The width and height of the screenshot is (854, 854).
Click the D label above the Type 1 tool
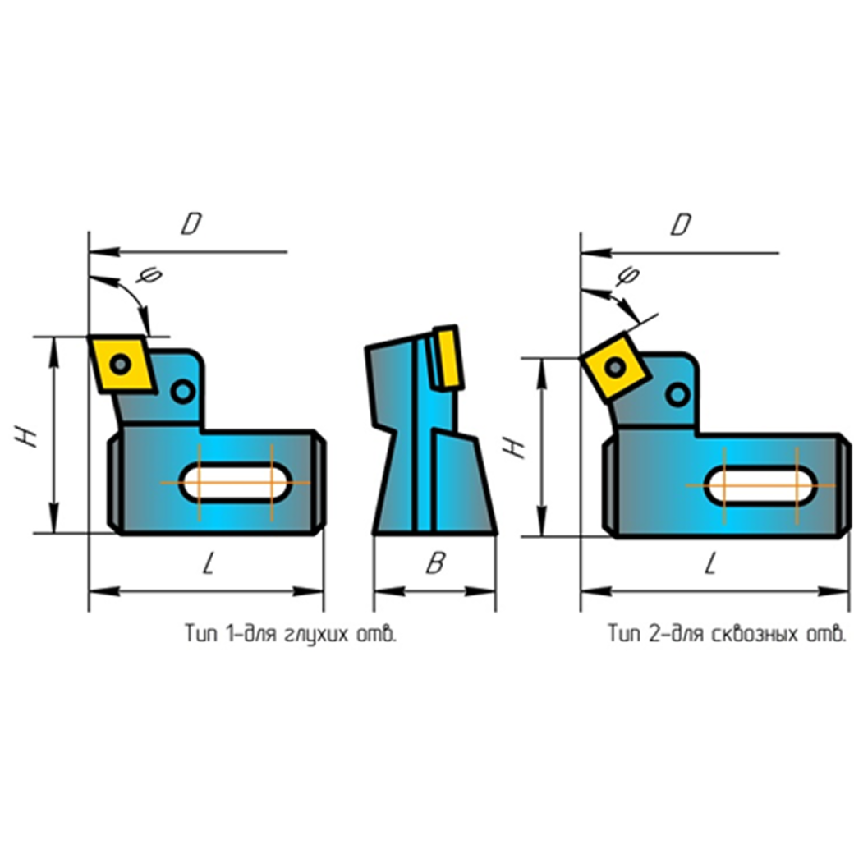click(191, 223)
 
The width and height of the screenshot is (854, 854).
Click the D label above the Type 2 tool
click(681, 224)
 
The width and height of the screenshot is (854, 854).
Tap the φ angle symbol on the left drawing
click(149, 274)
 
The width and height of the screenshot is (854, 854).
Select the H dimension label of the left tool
click(26, 436)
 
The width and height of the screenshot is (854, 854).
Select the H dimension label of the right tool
click(514, 447)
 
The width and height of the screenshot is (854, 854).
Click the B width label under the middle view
click(436, 562)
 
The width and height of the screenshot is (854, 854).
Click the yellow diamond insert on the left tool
click(123, 364)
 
